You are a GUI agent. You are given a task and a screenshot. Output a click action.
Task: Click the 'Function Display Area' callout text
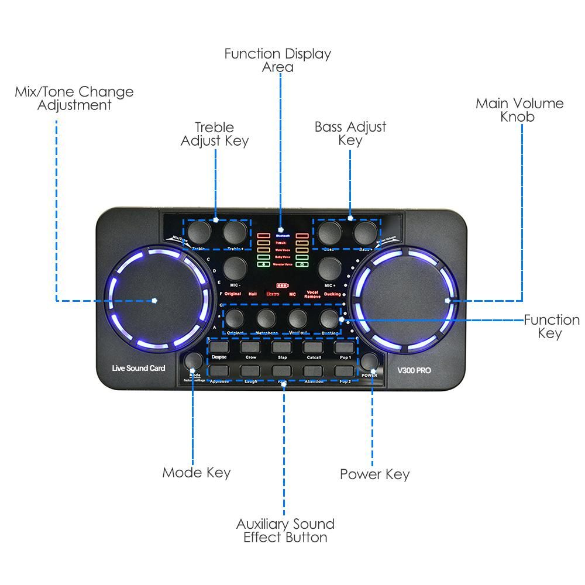tap(278, 60)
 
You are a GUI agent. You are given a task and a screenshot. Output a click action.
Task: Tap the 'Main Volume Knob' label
tap(519, 110)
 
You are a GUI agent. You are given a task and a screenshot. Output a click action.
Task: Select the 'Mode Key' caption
tap(197, 473)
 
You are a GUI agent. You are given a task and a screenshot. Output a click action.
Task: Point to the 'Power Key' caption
tap(375, 474)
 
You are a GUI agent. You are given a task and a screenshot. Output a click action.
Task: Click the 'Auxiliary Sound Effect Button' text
tap(285, 531)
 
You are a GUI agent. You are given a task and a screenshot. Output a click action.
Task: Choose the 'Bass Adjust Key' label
tap(350, 133)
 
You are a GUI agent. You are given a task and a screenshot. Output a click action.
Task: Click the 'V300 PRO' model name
tap(414, 370)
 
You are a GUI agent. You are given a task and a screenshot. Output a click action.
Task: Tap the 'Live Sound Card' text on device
tap(139, 369)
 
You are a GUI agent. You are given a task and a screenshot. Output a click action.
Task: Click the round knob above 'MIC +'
tap(329, 267)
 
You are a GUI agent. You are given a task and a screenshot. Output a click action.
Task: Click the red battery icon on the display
tap(283, 285)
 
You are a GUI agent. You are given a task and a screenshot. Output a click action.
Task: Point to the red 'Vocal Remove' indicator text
tap(312, 294)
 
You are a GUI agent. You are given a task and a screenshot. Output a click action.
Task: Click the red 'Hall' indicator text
tap(253, 294)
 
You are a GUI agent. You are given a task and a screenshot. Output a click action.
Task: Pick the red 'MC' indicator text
tap(292, 294)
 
